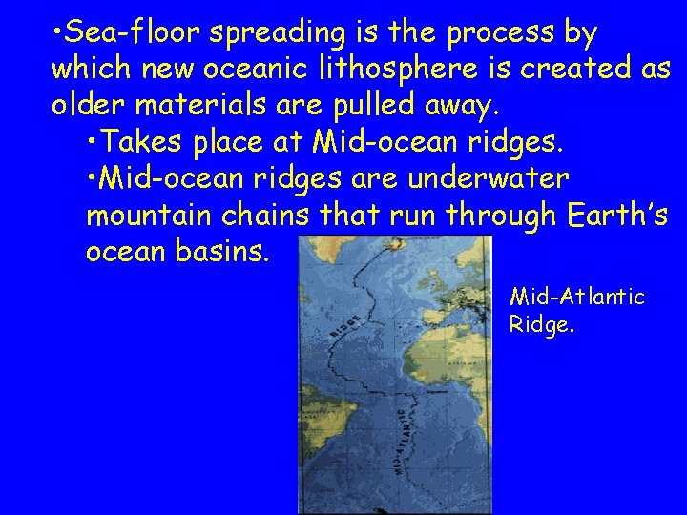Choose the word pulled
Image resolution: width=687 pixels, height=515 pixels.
(x=381, y=104)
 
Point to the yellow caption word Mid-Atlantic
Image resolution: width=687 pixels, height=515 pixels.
(x=577, y=298)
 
